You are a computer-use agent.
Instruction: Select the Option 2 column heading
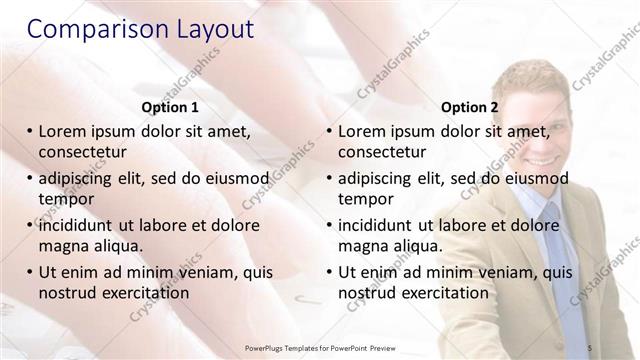(469, 107)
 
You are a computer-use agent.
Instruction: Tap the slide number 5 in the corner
(590, 347)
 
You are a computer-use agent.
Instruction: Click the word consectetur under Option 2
(384, 153)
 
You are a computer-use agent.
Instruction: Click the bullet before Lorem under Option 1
(29, 131)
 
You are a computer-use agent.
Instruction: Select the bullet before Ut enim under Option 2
(329, 271)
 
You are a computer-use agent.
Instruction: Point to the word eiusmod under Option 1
(235, 178)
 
